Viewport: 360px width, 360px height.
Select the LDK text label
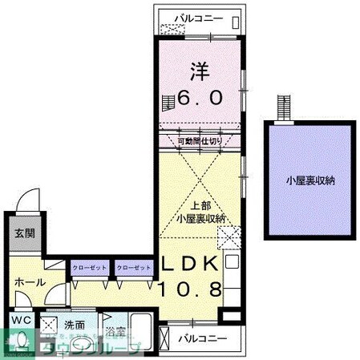[x=192, y=264]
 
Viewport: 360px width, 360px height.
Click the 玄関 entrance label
[x=23, y=234]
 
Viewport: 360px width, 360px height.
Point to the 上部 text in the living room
[x=197, y=204]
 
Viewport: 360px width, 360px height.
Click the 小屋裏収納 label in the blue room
[x=310, y=180]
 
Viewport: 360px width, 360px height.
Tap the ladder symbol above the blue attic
[x=282, y=107]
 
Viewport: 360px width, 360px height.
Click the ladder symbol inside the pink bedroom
[x=167, y=103]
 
